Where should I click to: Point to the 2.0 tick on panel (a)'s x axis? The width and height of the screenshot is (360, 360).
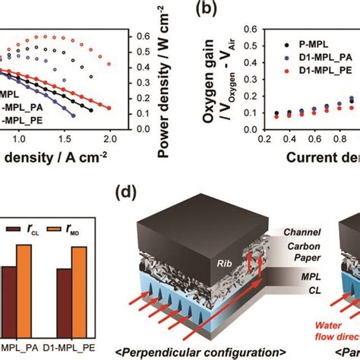point(111,140)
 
